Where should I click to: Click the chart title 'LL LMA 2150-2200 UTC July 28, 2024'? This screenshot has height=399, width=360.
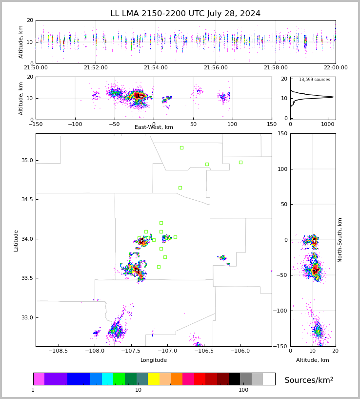pos(185,14)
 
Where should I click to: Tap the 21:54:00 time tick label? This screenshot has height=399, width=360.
pos(156,68)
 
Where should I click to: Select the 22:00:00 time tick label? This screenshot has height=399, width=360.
pos(335,68)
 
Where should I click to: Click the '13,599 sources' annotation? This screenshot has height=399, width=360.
pos(314,80)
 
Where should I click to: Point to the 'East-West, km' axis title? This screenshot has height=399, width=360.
pos(154,127)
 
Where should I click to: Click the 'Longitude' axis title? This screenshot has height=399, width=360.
pos(154,360)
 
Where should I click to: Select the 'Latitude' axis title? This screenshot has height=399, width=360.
pos(16,240)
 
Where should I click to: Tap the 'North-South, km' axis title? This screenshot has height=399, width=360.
pos(340,240)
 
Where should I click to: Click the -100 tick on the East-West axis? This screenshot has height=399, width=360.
pos(75,124)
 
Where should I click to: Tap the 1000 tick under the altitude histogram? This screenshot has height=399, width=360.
pos(327,124)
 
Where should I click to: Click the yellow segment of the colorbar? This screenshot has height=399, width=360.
pos(153,379)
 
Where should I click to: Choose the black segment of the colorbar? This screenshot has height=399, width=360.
pos(234,379)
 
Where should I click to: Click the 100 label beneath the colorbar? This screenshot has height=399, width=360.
pos(243,390)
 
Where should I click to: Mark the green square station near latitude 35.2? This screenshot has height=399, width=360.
pos(181,147)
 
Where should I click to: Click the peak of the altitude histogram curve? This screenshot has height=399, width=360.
pos(333,97)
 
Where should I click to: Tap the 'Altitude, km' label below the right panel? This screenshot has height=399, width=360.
pos(313,360)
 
